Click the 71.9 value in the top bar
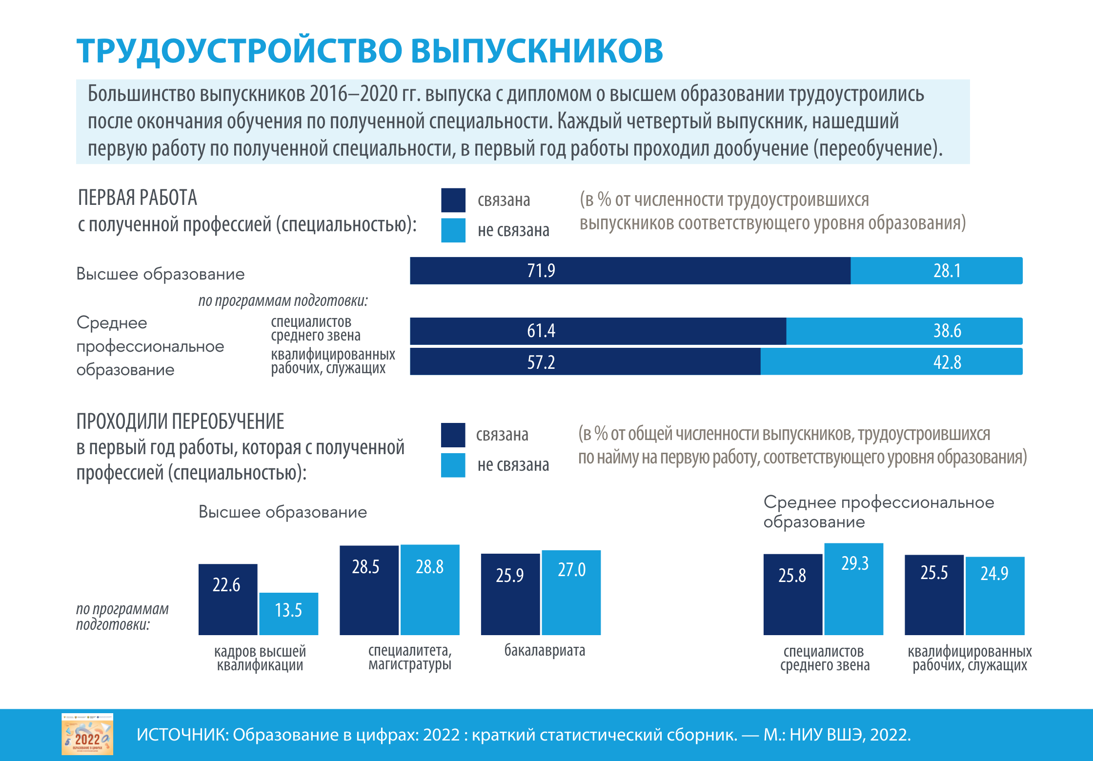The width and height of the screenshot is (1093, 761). point(541,271)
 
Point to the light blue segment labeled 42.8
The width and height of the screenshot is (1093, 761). point(891,362)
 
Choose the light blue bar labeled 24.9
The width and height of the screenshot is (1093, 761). point(994,596)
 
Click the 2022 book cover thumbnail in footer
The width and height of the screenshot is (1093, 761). point(87,734)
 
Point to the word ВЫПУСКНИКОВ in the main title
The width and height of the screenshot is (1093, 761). point(537,51)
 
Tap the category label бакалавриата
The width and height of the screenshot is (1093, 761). point(545,650)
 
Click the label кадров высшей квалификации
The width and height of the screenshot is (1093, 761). point(260,658)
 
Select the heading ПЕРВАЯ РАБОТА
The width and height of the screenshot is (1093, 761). point(138,198)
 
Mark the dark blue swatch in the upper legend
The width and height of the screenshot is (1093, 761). point(453,200)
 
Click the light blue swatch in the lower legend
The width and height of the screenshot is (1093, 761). point(453,465)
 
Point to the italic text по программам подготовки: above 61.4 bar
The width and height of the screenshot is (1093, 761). point(283,300)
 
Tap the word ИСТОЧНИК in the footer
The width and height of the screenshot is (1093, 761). point(182,735)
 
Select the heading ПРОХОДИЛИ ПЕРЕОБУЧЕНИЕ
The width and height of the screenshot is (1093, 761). point(181,421)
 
